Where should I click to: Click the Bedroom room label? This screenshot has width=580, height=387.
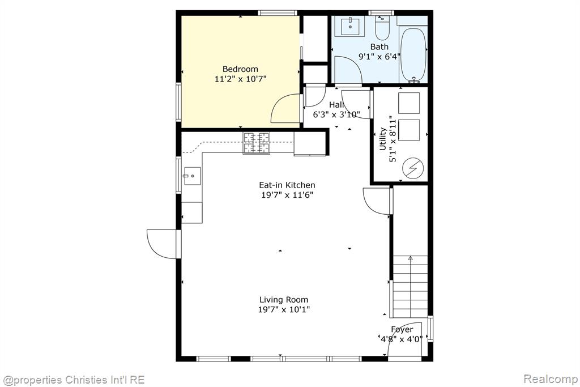[x=240, y=69]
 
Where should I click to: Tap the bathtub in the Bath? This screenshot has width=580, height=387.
[x=413, y=55]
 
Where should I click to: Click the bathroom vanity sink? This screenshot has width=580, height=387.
[x=350, y=26]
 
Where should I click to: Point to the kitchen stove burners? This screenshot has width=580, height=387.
[x=257, y=143]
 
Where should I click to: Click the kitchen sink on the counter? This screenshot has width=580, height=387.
[x=192, y=176]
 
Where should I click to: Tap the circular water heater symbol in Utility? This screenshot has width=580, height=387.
[x=412, y=168]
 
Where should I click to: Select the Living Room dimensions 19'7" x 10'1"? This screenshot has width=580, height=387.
[x=284, y=309]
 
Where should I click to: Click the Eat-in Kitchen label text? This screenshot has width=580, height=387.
[x=287, y=185]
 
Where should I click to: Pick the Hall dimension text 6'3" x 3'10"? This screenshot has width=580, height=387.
[x=336, y=114]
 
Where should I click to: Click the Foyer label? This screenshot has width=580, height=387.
[x=402, y=329]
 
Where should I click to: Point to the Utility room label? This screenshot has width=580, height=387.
[x=383, y=139]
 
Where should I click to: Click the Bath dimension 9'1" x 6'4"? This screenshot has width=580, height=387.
[x=379, y=57]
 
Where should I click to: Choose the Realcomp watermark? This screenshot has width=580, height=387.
[x=551, y=379]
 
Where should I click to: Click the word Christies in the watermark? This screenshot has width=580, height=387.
[x=87, y=380]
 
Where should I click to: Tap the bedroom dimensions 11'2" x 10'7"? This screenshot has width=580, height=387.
[x=240, y=79]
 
